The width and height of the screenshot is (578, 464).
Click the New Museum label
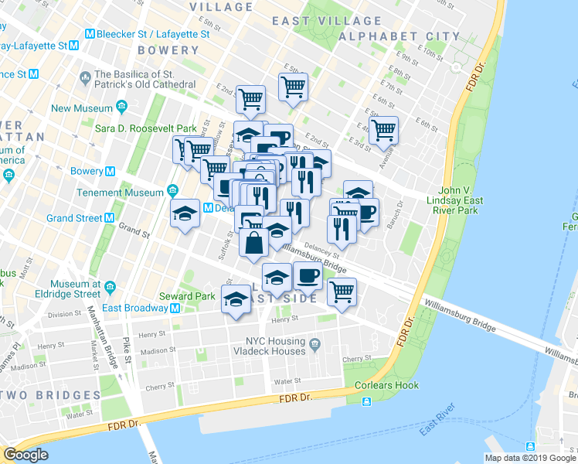(83, 108)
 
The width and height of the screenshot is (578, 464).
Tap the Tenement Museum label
(121, 192)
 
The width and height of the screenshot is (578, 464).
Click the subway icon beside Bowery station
(110, 171)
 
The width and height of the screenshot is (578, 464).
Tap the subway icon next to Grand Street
(109, 219)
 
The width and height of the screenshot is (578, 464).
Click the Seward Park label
(187, 296)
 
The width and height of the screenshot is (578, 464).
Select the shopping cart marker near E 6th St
(382, 131)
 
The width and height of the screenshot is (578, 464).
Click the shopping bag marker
(254, 243)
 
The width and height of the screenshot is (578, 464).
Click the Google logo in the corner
(25, 455)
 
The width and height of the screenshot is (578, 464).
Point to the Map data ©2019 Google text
(530, 458)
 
